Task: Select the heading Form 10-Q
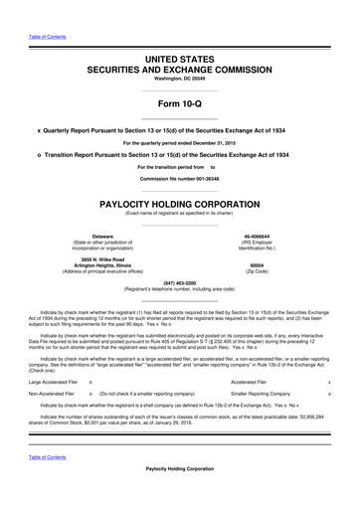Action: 179,106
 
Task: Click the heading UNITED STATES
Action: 179,62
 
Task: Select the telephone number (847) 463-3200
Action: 179,283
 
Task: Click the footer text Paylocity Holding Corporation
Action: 179,496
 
